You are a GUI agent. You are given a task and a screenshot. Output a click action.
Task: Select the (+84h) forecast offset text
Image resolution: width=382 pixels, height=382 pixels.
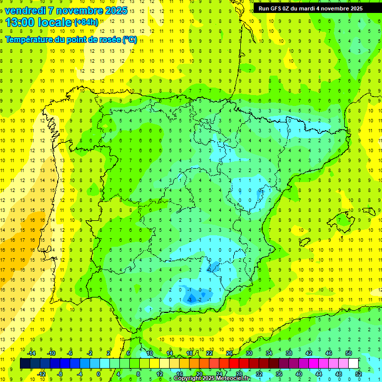pyautogui.click(x=86, y=22)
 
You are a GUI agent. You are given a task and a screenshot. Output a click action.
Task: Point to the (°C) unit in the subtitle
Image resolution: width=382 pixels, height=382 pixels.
pyautogui.click(x=129, y=40)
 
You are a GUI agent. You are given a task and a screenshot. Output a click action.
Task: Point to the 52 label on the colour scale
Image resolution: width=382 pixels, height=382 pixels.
pyautogui.click(x=359, y=374)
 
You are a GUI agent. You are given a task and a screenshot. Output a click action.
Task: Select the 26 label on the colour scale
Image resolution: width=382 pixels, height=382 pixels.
pyautogui.click(x=229, y=353)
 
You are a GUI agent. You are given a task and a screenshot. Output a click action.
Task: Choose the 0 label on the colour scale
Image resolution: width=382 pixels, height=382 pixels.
pyautogui.click(x=99, y=374)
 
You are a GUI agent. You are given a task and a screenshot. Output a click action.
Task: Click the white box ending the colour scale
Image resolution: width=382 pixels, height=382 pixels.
pyautogui.click(x=354, y=364)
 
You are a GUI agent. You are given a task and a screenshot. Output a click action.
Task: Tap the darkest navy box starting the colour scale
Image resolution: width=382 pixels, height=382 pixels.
pyautogui.click(x=25, y=364)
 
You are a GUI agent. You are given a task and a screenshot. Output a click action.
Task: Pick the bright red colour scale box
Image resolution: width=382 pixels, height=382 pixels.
pyautogui.click(x=234, y=364)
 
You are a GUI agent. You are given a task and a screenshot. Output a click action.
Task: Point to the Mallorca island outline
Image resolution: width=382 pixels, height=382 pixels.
pyautogui.click(x=346, y=219)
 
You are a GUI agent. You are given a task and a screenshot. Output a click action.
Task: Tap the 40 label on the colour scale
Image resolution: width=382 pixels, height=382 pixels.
pyautogui.click(x=299, y=374)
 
